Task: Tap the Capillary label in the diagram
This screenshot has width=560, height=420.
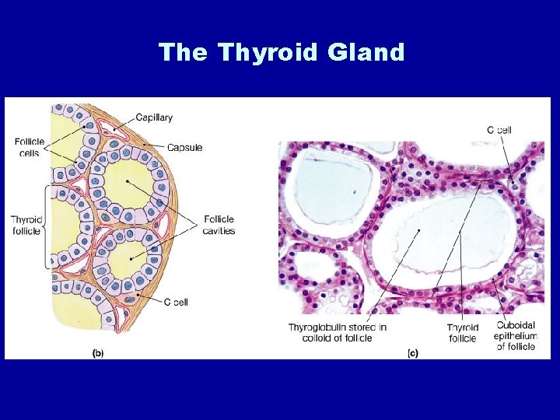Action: click(x=154, y=118)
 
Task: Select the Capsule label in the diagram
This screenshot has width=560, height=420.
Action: click(x=185, y=147)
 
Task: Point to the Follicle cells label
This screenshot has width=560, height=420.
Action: click(x=30, y=147)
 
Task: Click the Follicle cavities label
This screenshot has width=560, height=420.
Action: click(x=219, y=225)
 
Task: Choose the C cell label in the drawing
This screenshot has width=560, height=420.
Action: click(x=176, y=302)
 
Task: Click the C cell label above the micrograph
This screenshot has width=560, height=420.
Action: click(x=499, y=130)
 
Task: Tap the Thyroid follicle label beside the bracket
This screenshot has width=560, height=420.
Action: click(x=26, y=226)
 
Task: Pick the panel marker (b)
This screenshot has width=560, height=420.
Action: click(x=99, y=353)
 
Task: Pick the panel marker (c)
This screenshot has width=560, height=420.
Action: click(x=412, y=353)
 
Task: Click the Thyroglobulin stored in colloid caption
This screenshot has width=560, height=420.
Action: click(x=338, y=332)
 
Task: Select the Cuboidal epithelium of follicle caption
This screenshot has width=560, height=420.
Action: click(x=515, y=336)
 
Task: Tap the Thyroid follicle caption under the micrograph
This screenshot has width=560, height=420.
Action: click(x=463, y=332)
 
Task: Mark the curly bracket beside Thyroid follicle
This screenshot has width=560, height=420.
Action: click(x=49, y=226)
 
